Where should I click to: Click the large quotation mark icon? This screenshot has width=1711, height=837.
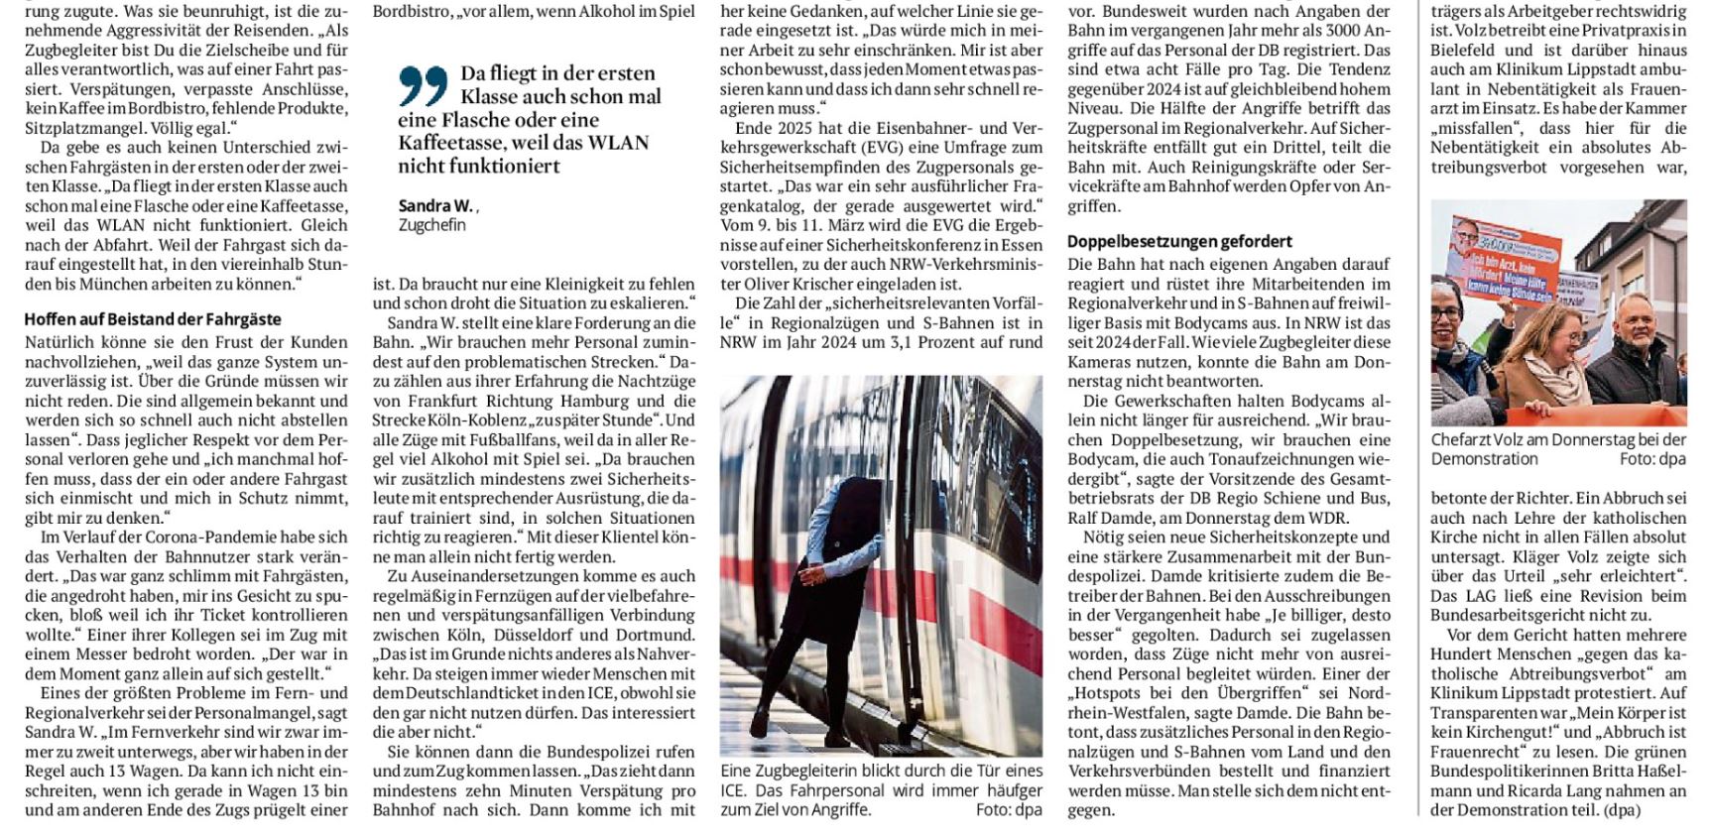click(424, 85)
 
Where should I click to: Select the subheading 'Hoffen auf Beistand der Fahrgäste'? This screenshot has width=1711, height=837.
click(153, 319)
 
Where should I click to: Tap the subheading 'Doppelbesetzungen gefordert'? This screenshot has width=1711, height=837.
click(1179, 241)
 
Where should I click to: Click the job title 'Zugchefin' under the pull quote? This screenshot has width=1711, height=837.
click(431, 225)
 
